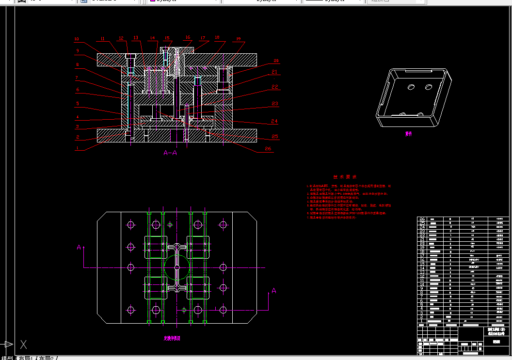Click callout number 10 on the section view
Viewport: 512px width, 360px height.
click(x=77, y=39)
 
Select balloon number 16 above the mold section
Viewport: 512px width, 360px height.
click(x=188, y=37)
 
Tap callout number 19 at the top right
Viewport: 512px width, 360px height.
click(x=238, y=39)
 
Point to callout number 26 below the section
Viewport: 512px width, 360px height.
click(x=268, y=149)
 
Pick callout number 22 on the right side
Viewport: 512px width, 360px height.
click(x=275, y=87)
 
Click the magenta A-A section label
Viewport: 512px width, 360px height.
click(x=170, y=153)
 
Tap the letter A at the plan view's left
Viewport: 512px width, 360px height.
click(x=79, y=247)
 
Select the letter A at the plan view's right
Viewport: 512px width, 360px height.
click(x=273, y=291)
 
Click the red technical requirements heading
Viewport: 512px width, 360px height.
click(x=345, y=177)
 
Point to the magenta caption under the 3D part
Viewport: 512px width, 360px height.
click(x=409, y=134)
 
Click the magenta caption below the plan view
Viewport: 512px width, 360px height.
click(x=172, y=339)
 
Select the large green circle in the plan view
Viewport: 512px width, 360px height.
click(x=176, y=267)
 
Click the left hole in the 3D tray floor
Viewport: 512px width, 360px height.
click(x=411, y=87)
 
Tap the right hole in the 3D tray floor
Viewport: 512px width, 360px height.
click(x=428, y=87)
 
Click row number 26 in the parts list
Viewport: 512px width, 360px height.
click(x=421, y=219)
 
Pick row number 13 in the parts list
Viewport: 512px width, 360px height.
click(x=421, y=272)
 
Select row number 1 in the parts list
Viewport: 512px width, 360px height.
click(x=421, y=321)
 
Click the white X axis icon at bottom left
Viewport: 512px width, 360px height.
click(x=23, y=344)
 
